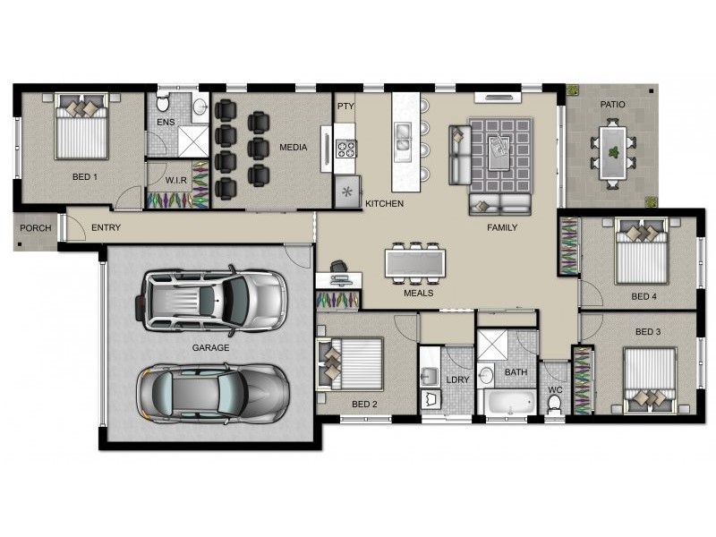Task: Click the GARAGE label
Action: click(210, 347)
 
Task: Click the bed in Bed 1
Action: click(81, 130)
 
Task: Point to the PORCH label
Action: click(36, 228)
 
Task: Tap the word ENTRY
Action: click(106, 228)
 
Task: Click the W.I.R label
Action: click(175, 179)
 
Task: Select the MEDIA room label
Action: click(294, 148)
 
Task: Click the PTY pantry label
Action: click(345, 106)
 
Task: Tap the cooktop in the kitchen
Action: click(345, 148)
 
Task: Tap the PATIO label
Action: click(613, 105)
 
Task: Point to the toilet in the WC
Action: click(553, 403)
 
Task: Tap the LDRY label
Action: click(457, 379)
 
